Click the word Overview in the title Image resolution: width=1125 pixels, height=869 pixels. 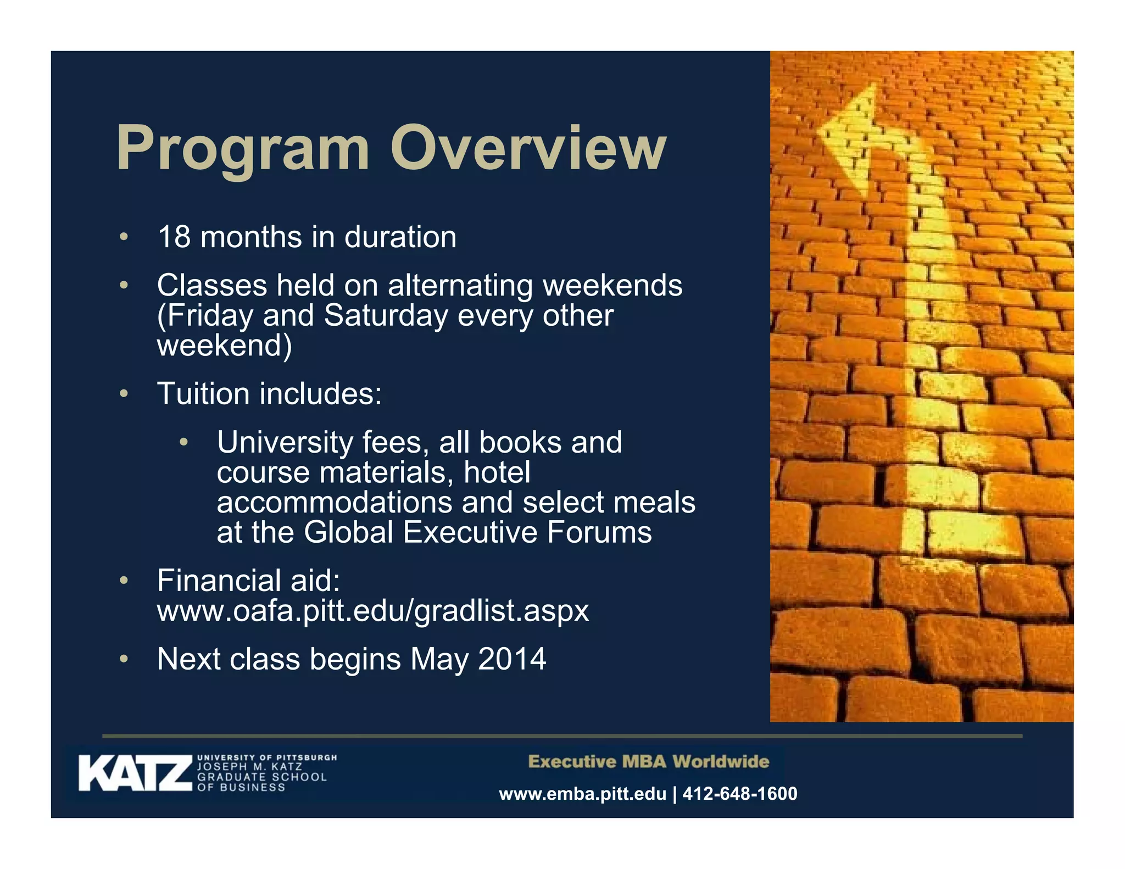(x=528, y=147)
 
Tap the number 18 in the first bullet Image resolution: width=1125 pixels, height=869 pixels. (x=174, y=237)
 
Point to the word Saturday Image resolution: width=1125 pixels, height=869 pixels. (x=386, y=316)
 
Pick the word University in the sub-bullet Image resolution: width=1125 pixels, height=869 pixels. (x=285, y=443)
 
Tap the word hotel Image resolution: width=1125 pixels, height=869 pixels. (x=497, y=472)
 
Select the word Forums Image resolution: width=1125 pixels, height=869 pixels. (x=599, y=532)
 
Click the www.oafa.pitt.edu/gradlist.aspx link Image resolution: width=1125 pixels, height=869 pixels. (x=373, y=611)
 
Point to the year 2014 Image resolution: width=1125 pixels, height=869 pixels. (x=512, y=659)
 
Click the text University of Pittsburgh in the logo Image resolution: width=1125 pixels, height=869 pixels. (x=267, y=757)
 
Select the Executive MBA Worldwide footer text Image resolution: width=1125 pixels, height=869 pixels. (x=648, y=762)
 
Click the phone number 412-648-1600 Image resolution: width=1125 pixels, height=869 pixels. (x=739, y=794)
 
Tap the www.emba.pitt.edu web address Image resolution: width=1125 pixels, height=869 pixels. (x=582, y=794)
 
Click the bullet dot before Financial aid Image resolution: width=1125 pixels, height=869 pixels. (x=124, y=581)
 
